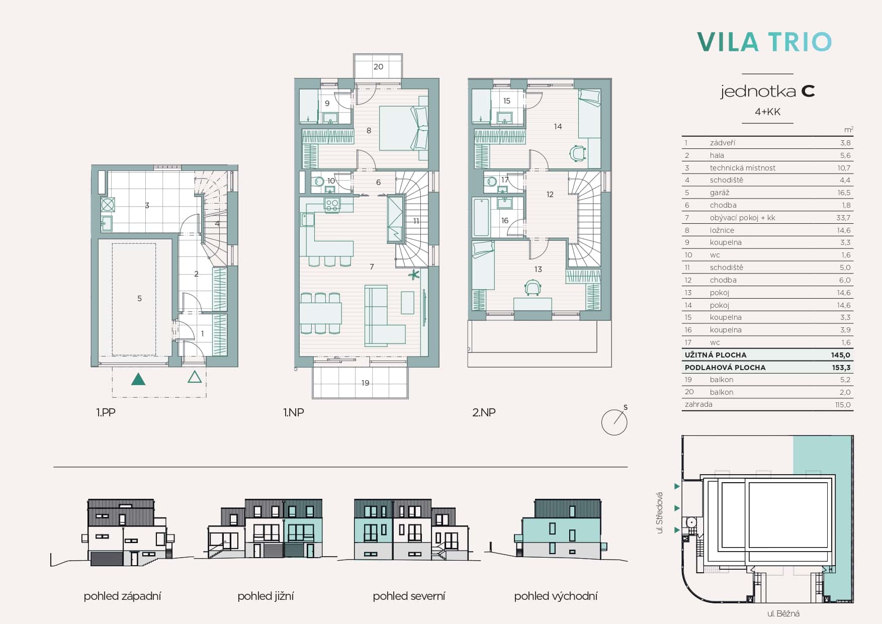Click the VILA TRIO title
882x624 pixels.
[x=764, y=42]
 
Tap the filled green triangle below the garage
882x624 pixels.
[x=138, y=379]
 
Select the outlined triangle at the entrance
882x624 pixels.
[x=195, y=377]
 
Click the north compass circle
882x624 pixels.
[x=614, y=422]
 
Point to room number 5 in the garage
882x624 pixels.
[x=140, y=298]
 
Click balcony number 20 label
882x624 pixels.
[x=379, y=66]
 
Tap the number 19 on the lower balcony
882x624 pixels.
[x=366, y=383]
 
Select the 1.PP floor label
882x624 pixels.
[x=106, y=412]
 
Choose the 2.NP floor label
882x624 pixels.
[x=484, y=412]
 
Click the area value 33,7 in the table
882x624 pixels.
[x=843, y=218]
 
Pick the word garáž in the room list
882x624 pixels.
[x=720, y=193]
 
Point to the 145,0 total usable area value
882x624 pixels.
[x=841, y=354]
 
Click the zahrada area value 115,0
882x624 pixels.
[x=843, y=404]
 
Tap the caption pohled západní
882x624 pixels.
[x=122, y=596]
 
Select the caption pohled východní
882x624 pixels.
[x=556, y=596]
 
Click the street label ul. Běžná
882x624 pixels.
[x=783, y=613]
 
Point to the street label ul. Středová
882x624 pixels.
[x=660, y=512]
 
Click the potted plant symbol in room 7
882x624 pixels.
[x=414, y=275]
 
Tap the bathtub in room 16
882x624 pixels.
[x=481, y=217]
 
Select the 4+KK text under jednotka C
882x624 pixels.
[x=767, y=112]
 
